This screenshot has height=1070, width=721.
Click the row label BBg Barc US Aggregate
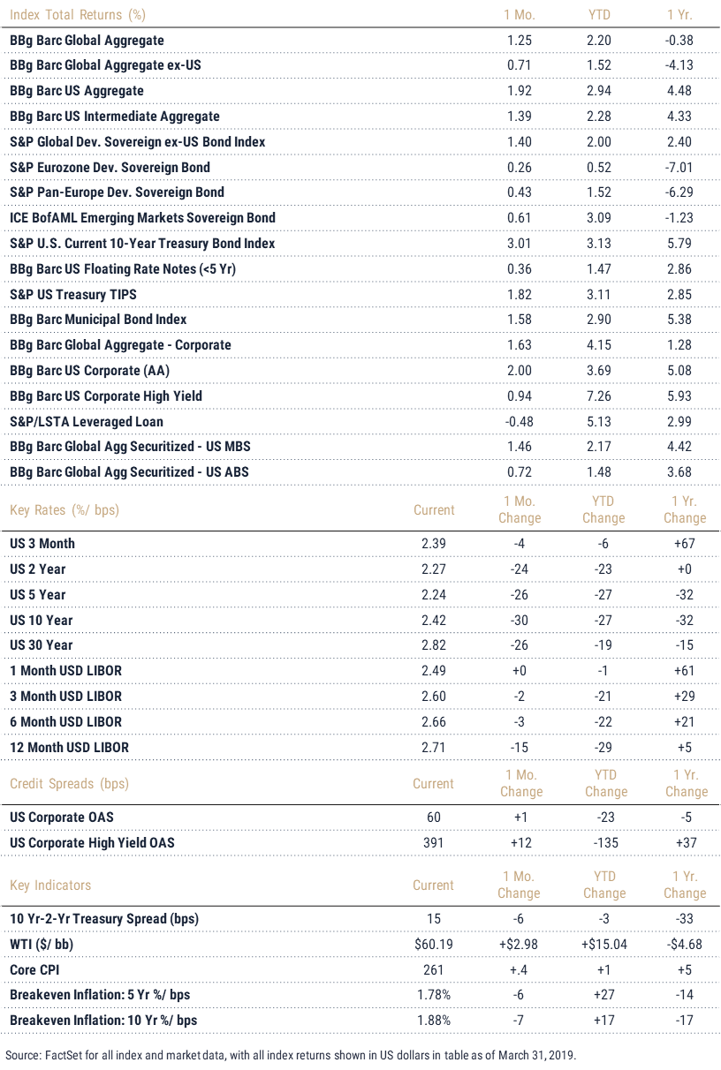77,91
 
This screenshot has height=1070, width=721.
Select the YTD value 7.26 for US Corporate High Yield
598,396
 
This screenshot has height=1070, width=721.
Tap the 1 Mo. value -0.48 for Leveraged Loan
520,422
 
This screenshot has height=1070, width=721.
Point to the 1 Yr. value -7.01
679,168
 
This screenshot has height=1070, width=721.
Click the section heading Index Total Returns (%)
78,15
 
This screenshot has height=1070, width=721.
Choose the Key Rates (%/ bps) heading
65,509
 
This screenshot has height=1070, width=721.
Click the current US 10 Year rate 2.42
434,620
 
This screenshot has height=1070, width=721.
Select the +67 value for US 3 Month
685,544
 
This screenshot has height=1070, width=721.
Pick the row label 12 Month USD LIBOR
69,747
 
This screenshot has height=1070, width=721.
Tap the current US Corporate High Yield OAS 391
433,842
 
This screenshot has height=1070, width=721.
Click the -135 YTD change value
606,842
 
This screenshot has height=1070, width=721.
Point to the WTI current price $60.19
434,945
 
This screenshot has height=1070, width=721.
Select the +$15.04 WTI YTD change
604,945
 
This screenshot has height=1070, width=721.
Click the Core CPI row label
34,969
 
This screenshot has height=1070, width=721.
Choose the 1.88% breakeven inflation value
434,1021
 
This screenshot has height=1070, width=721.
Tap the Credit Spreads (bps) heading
69,783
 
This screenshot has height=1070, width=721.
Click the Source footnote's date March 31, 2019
537,1055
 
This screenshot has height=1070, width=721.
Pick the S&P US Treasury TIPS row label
73,294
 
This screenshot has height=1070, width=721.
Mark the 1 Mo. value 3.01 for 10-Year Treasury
520,244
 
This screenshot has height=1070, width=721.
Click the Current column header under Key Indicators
433,885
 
